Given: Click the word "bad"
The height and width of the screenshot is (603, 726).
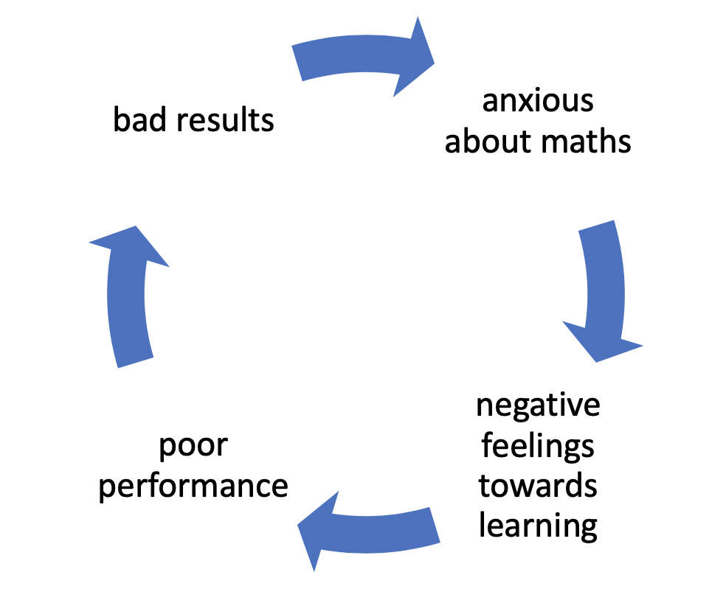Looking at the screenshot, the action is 139,119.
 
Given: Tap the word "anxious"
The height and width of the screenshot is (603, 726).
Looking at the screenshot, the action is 538,101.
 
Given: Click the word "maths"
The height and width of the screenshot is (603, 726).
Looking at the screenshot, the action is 586,141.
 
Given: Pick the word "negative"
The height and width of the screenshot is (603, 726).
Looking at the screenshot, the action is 538,406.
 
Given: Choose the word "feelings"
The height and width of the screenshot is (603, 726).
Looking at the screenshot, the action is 538,446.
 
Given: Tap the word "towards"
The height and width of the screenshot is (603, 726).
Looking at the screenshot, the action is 538,486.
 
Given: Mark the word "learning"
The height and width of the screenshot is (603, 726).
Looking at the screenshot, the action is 538,526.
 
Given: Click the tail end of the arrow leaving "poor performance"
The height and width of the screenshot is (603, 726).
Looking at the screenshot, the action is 136,363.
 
